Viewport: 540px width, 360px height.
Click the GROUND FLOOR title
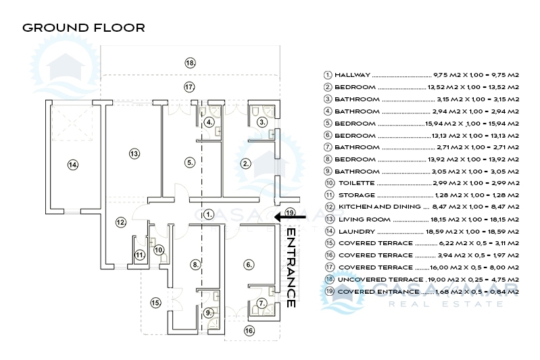pyautogui.click(x=84, y=28)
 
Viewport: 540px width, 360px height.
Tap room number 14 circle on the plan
pyautogui.click(x=73, y=163)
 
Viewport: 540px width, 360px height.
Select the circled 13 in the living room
pyautogui.click(x=134, y=154)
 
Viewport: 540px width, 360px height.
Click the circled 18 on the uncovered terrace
pyautogui.click(x=191, y=62)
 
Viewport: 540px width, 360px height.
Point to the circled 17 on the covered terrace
pyautogui.click(x=190, y=87)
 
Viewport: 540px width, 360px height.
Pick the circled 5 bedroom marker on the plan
pyautogui.click(x=190, y=162)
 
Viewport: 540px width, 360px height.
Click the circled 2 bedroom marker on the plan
pyautogui.click(x=247, y=163)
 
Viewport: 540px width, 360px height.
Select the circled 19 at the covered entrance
pyautogui.click(x=291, y=213)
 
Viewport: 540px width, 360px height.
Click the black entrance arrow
pyautogui.click(x=296, y=217)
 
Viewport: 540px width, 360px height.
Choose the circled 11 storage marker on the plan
pyautogui.click(x=139, y=255)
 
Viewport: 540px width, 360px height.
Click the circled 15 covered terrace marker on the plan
pyautogui.click(x=156, y=303)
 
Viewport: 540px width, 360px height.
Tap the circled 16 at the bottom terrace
pyautogui.click(x=249, y=331)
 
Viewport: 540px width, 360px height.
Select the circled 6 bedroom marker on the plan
pyautogui.click(x=249, y=264)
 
